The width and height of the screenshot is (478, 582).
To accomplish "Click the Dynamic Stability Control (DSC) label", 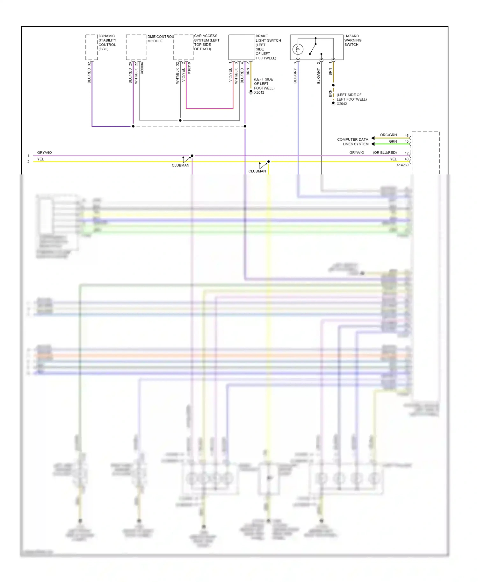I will pyautogui.click(x=107, y=42).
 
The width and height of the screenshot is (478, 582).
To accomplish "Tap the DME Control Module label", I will pyautogui.click(x=160, y=39).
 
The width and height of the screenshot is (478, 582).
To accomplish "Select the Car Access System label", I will pyautogui.click(x=206, y=42).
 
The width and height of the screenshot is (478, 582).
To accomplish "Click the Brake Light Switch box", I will pyautogui.click(x=242, y=47).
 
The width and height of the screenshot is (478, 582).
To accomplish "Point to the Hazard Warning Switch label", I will pyautogui.click(x=353, y=40).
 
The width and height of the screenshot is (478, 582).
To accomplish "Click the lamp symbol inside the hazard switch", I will pyautogui.click(x=298, y=49).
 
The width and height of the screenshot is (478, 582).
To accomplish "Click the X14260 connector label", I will pyautogui.click(x=402, y=165).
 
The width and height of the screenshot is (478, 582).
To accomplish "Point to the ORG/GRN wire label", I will pyautogui.click(x=388, y=135).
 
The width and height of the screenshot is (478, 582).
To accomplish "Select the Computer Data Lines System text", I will pyautogui.click(x=353, y=142).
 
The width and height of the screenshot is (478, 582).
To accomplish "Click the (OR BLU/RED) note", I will pyautogui.click(x=385, y=153).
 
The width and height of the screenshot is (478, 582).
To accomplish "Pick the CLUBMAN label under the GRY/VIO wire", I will pyautogui.click(x=180, y=165).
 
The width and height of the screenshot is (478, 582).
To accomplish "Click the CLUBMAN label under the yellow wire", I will pyautogui.click(x=257, y=171).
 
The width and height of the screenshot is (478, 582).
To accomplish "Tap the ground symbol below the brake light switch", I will pyautogui.click(x=251, y=92).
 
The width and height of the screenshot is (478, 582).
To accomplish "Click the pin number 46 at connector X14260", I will pyautogui.click(x=406, y=136).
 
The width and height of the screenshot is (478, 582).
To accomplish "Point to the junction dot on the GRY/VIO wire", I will pyautogui.click(x=192, y=156).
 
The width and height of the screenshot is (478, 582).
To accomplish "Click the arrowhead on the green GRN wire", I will pyautogui.click(x=373, y=144).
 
